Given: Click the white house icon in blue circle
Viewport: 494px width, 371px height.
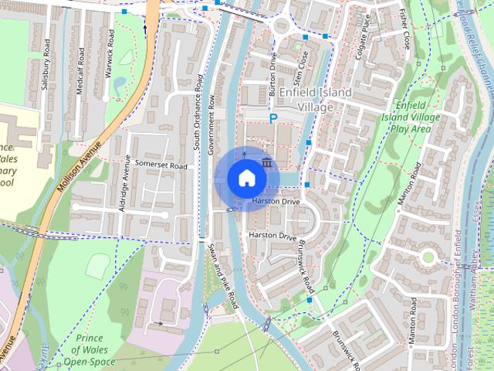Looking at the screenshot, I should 245,179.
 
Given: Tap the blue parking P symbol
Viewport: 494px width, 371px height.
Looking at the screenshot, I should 272,118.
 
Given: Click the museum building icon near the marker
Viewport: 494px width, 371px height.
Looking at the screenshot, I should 266,162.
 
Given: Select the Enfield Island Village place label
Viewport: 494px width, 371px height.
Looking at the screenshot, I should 315,100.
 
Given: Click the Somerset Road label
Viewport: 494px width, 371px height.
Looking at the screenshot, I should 161,165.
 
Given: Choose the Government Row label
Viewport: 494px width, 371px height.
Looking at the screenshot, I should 211,127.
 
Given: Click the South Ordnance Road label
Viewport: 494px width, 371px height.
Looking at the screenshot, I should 198,112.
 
